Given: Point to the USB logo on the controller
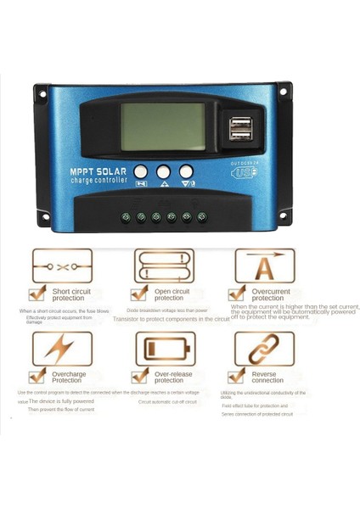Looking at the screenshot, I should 242,173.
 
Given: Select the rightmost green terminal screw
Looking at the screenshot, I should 202,216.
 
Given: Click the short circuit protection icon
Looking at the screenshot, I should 62,266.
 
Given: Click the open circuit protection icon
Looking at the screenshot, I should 164,266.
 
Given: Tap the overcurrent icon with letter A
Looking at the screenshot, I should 264,266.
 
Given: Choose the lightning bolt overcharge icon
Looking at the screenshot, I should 62,349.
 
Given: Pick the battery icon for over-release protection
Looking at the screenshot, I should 164,349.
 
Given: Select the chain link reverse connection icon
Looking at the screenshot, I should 264,349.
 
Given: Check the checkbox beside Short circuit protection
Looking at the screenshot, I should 37,294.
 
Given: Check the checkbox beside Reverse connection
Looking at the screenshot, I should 238,376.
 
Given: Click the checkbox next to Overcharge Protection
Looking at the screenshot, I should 37,376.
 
